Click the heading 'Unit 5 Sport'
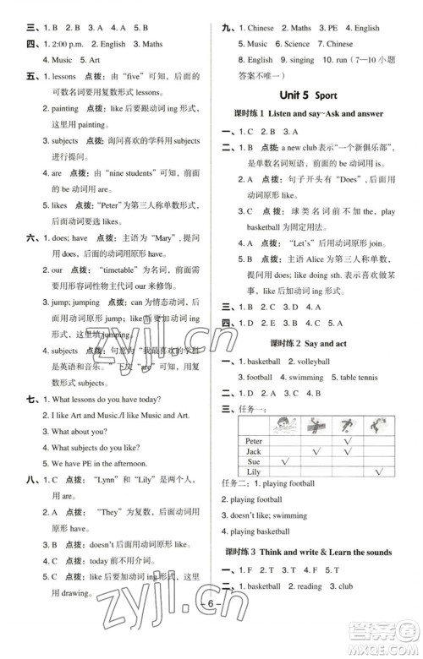[x=312, y=93]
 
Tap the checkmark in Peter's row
[x=346, y=441]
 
